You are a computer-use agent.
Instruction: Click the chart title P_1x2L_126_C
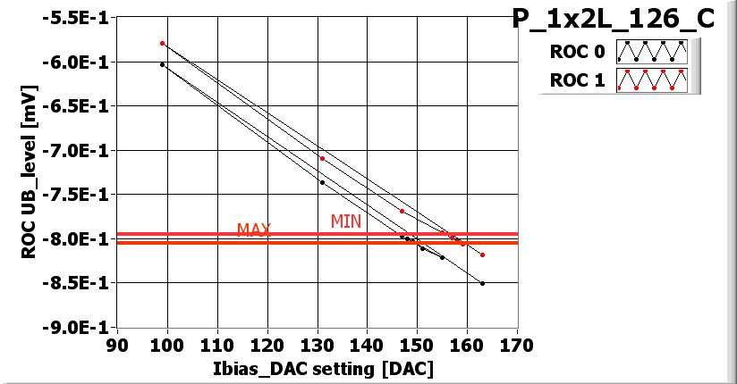click(x=613, y=19)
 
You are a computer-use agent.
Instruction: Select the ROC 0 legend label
click(x=577, y=52)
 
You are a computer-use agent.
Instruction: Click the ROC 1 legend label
click(x=577, y=80)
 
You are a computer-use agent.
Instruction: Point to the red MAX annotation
click(x=254, y=230)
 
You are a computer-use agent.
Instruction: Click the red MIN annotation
click(x=346, y=221)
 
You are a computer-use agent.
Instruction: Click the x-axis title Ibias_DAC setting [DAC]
click(x=317, y=368)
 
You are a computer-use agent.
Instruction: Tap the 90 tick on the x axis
click(x=117, y=345)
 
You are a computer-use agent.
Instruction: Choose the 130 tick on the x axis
click(x=317, y=345)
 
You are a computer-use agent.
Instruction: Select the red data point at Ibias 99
click(x=162, y=43)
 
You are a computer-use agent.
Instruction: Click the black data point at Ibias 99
click(x=162, y=64)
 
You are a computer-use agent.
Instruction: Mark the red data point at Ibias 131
click(x=322, y=158)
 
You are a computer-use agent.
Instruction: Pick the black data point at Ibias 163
click(x=482, y=283)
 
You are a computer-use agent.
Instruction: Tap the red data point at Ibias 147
click(x=402, y=211)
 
